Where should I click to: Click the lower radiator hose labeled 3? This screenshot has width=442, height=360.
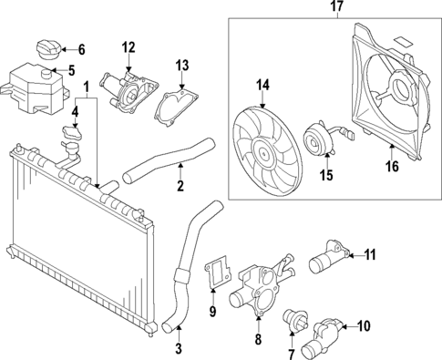[x=185, y=266]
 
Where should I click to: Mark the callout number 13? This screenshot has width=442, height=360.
[x=182, y=65]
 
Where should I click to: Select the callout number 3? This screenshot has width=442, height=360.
[x=178, y=347]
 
